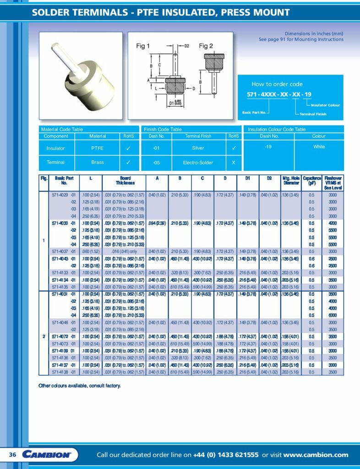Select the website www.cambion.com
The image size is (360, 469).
[316, 455]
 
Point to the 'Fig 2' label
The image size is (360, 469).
[206, 46]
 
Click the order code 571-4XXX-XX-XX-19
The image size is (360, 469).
[279, 94]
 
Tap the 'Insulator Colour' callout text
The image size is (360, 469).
[322, 105]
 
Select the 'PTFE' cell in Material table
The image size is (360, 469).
[97, 148]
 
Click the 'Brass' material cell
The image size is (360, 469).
[97, 162]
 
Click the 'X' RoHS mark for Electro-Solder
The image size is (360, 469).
[234, 162]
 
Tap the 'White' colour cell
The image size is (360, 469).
[319, 147]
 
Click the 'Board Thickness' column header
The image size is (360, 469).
[125, 180]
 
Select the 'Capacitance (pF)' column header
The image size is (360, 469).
[311, 180]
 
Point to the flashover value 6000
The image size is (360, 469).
[333, 315]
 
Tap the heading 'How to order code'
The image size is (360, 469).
[277, 84]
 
